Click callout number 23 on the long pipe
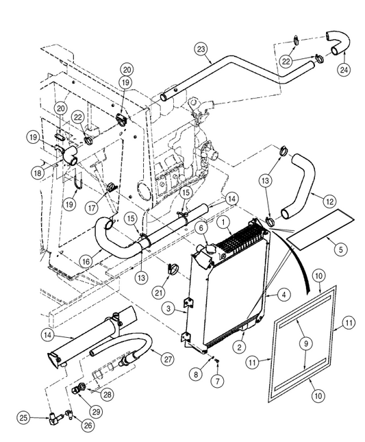point(201,49)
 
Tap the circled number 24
point(344,70)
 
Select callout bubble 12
point(330,201)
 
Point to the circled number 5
point(341,249)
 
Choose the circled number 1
point(224,223)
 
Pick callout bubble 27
point(167,359)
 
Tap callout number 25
point(24,418)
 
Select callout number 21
point(159,293)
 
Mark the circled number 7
point(217,381)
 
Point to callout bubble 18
point(38,173)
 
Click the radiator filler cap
point(210,249)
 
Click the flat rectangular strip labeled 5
point(320,230)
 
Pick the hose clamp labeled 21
point(173,269)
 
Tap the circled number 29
point(96,411)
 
